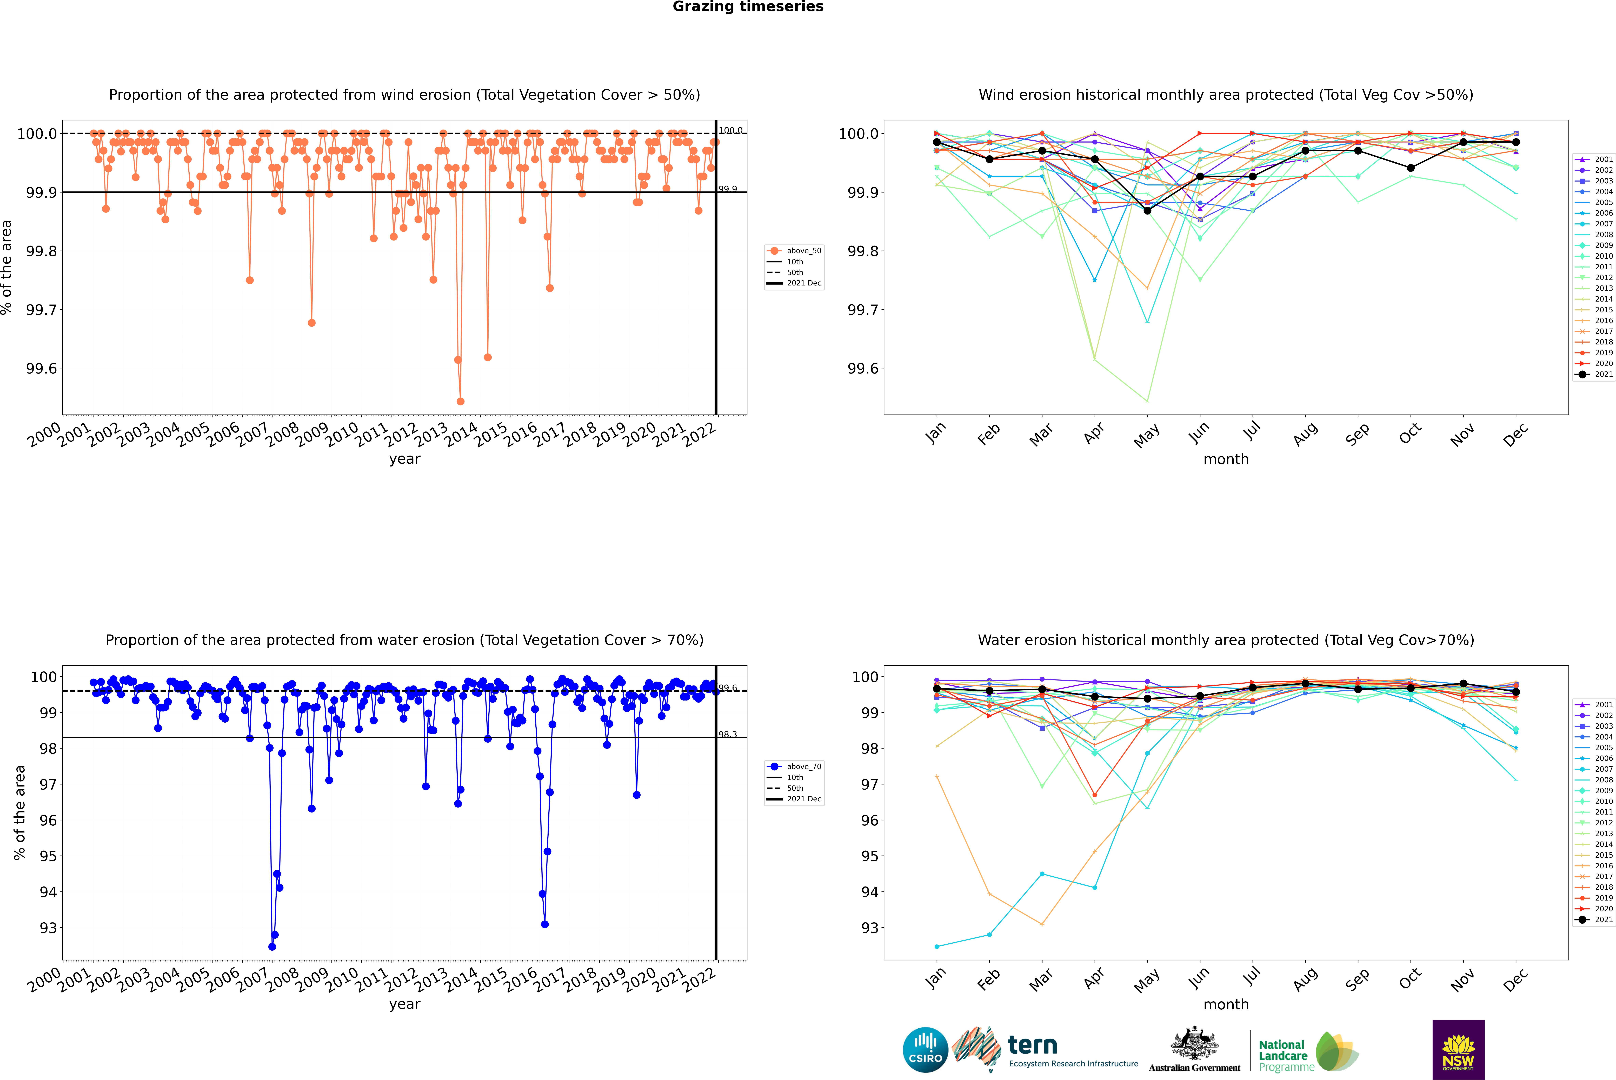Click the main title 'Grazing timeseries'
pos(748,7)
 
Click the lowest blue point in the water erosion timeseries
pos(272,946)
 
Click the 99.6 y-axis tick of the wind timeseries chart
pos(41,369)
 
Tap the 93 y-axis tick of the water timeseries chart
pos(48,928)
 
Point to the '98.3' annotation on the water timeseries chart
pos(727,734)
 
